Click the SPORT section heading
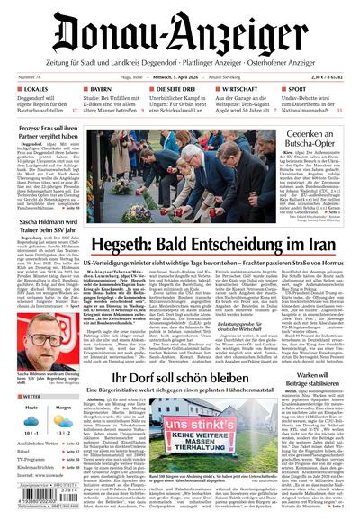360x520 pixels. [297, 90]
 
